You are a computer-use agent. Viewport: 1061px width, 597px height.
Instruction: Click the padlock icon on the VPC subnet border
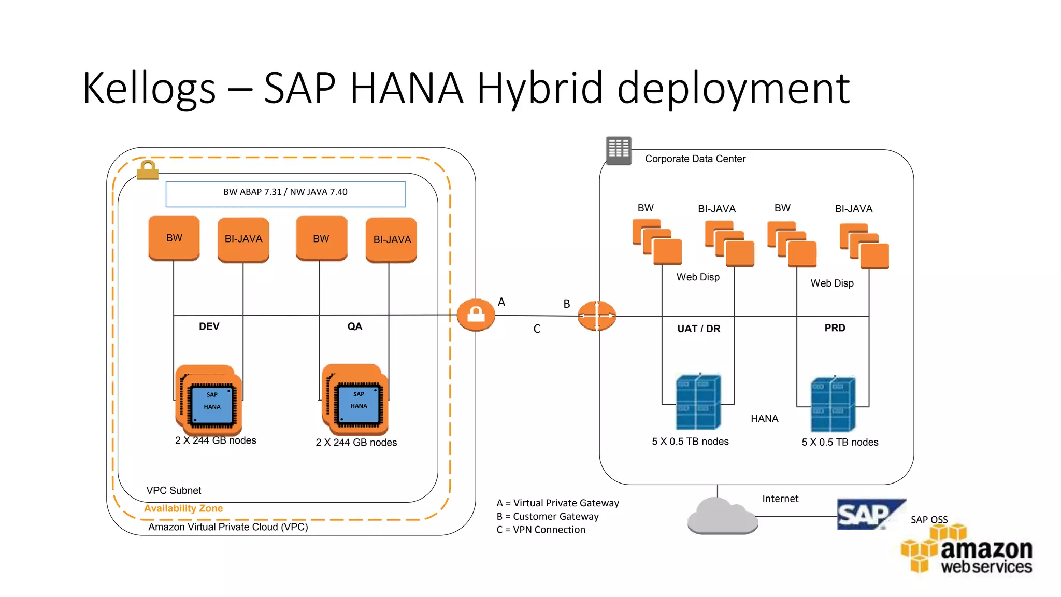[x=148, y=170]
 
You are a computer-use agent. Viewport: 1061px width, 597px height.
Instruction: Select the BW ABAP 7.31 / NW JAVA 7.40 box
[x=285, y=194]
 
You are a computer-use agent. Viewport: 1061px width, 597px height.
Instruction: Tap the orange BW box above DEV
[x=174, y=238]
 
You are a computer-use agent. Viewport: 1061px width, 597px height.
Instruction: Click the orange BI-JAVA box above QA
[x=392, y=240]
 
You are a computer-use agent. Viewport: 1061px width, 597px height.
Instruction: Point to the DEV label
[x=209, y=326]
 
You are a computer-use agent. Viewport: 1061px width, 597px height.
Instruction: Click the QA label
[x=355, y=326]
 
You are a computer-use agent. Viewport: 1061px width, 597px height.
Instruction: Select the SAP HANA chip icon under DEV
[x=211, y=401]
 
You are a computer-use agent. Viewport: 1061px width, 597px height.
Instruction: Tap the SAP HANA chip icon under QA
[x=357, y=401]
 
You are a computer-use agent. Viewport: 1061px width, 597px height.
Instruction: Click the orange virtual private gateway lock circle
[x=476, y=315]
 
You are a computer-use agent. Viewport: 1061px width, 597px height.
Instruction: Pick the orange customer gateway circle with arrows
[x=597, y=316]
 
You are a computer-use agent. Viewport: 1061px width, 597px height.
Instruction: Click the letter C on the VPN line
[x=537, y=329]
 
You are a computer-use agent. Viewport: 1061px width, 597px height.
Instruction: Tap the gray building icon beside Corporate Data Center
[x=619, y=150]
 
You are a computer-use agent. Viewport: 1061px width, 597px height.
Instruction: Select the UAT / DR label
[x=699, y=329]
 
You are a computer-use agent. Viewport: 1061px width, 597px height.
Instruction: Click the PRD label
[x=835, y=328]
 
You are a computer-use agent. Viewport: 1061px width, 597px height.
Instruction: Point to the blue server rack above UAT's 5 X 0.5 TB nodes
[x=698, y=402]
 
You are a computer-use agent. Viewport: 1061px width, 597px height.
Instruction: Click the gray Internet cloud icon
[x=722, y=516]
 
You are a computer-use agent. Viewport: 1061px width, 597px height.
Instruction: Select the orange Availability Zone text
[x=183, y=508]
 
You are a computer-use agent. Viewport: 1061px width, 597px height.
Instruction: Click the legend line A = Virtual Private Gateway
[x=557, y=503]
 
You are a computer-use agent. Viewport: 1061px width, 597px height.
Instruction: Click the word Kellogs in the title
[x=149, y=88]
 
